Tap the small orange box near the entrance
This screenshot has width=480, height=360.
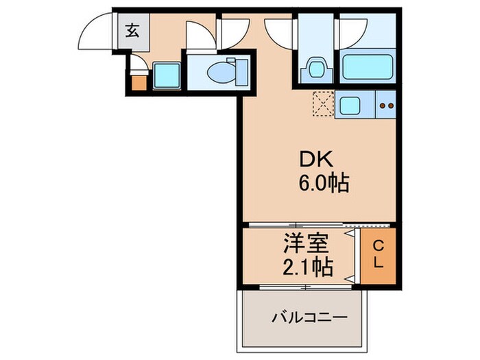tap(139, 83)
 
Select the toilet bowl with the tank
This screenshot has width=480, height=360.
tap(221, 69)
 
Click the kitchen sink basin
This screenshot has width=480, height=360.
tap(349, 106)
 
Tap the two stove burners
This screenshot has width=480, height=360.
tap(386, 106)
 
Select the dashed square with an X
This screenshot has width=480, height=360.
tap(322, 106)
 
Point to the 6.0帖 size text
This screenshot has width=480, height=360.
tap(324, 183)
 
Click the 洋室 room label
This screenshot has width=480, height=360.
tap(307, 243)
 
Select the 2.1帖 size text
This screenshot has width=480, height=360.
tap(307, 266)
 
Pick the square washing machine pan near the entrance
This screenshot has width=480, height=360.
tap(167, 75)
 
